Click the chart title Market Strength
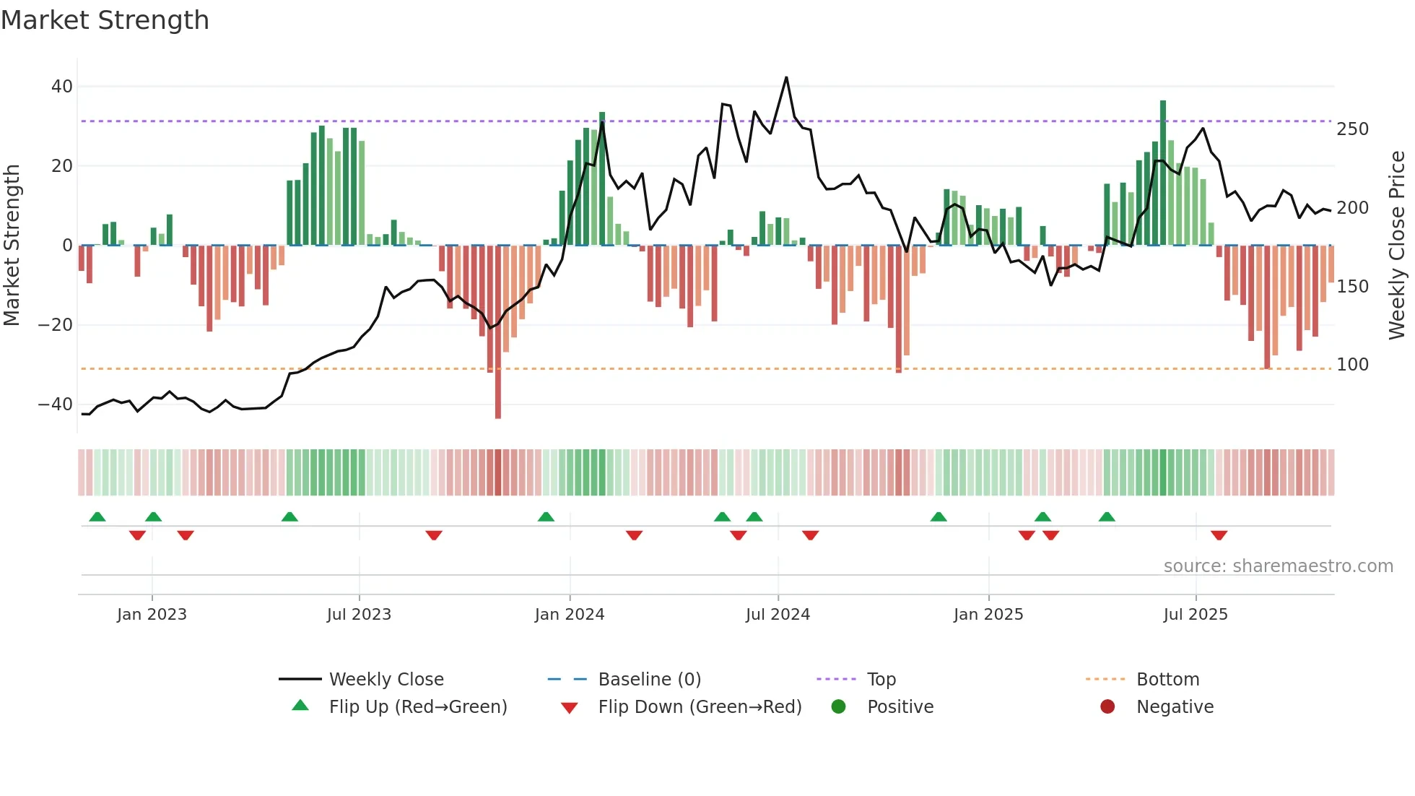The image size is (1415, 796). (x=105, y=20)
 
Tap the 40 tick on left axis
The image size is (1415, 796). (x=62, y=87)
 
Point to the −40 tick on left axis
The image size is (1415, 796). (x=56, y=405)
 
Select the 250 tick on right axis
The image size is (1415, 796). (x=1352, y=129)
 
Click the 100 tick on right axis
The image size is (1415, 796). (x=1352, y=365)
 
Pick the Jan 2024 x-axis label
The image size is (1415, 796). (x=569, y=615)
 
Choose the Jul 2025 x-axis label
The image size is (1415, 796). (x=1195, y=615)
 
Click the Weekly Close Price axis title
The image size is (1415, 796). (x=1397, y=246)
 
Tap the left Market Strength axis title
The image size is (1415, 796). (x=12, y=246)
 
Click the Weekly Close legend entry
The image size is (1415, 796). (x=386, y=680)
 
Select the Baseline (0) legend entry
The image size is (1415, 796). (x=649, y=680)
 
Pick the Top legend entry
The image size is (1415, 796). (x=881, y=680)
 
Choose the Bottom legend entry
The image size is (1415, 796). (x=1167, y=680)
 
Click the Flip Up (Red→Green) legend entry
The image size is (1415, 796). (x=417, y=707)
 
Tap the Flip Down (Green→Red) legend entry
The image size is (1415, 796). (x=700, y=707)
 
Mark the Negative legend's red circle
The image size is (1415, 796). (x=1107, y=706)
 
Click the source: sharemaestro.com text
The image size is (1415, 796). (x=1278, y=566)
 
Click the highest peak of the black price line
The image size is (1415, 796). (x=786, y=77)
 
